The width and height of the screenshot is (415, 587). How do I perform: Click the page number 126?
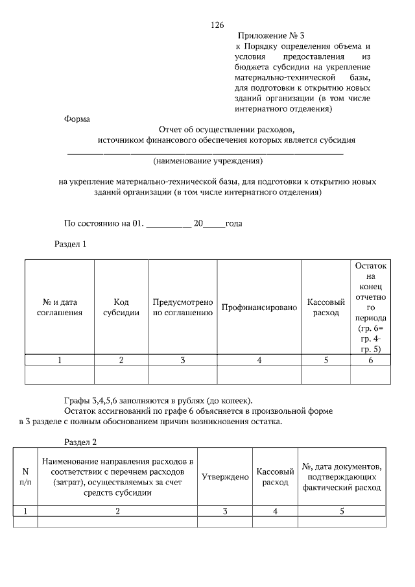217,25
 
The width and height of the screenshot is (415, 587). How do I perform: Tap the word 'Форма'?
77,119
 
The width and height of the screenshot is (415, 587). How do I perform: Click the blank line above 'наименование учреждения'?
206,153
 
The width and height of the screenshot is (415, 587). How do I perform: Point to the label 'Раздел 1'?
69,245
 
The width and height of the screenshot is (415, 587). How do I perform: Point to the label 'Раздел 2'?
80,442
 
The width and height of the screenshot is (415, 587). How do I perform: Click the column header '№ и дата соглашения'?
60,307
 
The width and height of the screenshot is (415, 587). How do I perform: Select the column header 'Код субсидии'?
121,307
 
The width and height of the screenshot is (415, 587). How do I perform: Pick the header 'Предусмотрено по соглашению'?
183,307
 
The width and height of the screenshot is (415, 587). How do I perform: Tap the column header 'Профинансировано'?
259,307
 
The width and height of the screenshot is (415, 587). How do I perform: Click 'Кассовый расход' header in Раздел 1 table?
326,307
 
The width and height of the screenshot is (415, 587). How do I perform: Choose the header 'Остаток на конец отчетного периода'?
370,307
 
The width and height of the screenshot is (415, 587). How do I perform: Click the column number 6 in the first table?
370,361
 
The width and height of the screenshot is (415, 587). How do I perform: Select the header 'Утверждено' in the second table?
225,477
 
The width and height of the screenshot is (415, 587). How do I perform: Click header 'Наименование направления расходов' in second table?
117,477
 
